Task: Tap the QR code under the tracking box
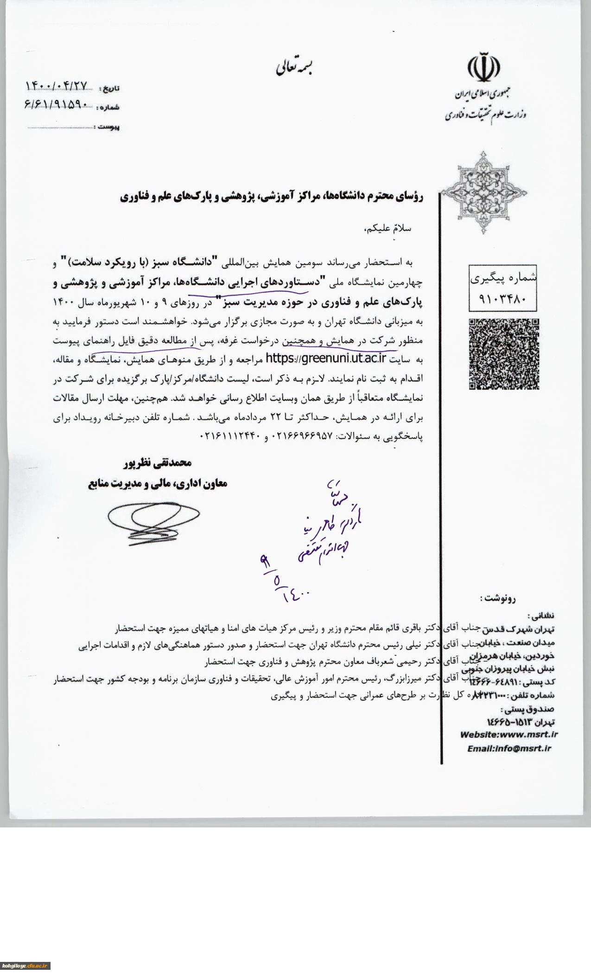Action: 503,354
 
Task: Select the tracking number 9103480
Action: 503,299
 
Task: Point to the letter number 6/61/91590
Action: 56,105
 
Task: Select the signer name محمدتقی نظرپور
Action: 157,462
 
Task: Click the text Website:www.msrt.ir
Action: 508,734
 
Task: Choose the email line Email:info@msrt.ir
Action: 508,748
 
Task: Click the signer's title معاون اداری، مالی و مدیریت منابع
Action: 158,484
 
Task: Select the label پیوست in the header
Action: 108,127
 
